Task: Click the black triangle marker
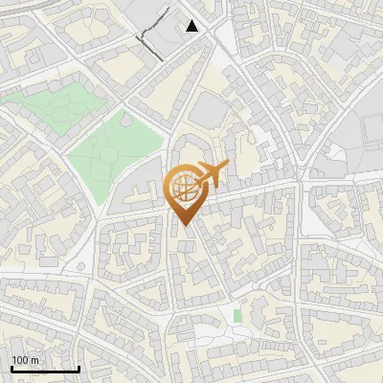tap(192, 26)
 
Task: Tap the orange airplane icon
tap(208, 175)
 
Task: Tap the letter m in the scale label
tap(34, 360)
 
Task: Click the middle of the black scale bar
tap(45, 369)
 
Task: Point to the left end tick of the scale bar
tap(11, 367)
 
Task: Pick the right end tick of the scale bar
tap(79, 367)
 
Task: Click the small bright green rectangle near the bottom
tap(237, 315)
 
